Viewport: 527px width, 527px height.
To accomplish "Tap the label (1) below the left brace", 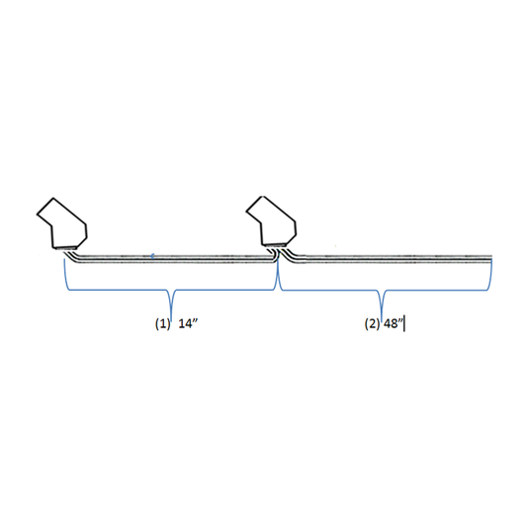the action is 163,324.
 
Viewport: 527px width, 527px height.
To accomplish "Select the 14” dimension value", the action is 188,324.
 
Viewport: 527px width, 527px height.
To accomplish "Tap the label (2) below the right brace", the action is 373,324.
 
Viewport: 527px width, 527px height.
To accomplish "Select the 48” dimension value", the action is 394,324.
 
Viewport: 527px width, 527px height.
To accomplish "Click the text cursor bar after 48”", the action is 404,323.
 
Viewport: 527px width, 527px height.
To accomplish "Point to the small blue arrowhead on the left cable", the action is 152,256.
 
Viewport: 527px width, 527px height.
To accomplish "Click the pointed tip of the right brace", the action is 382,317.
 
